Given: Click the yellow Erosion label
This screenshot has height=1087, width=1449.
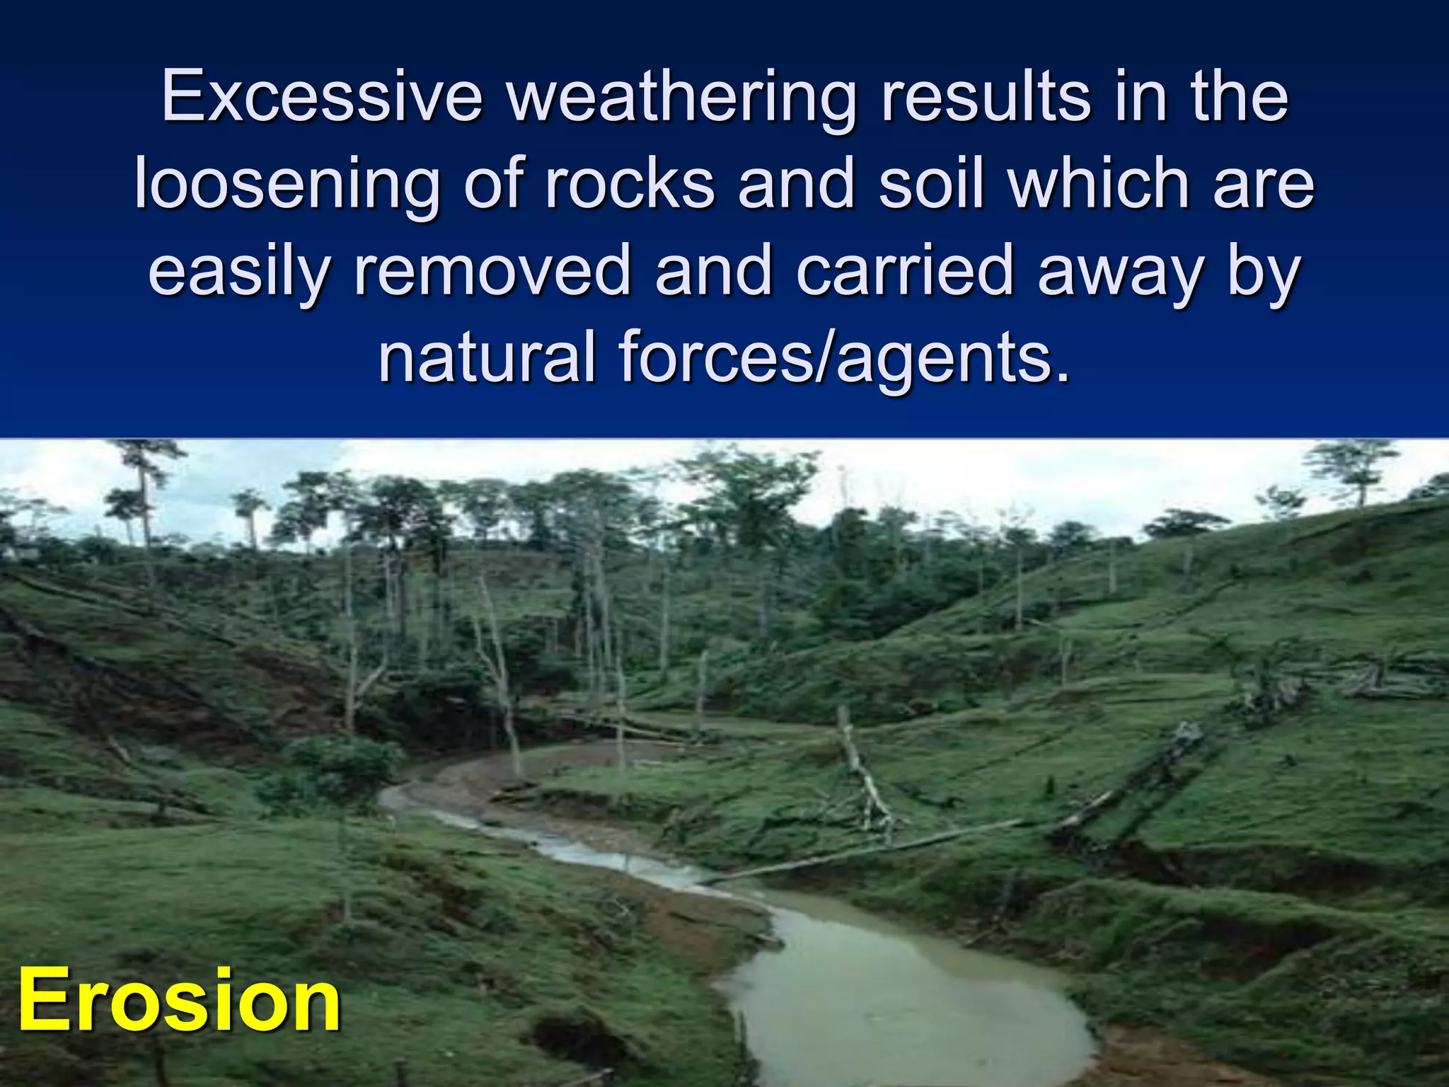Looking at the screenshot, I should point(179,1000).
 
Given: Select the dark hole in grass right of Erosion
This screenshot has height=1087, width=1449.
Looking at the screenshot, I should point(580,1040).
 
